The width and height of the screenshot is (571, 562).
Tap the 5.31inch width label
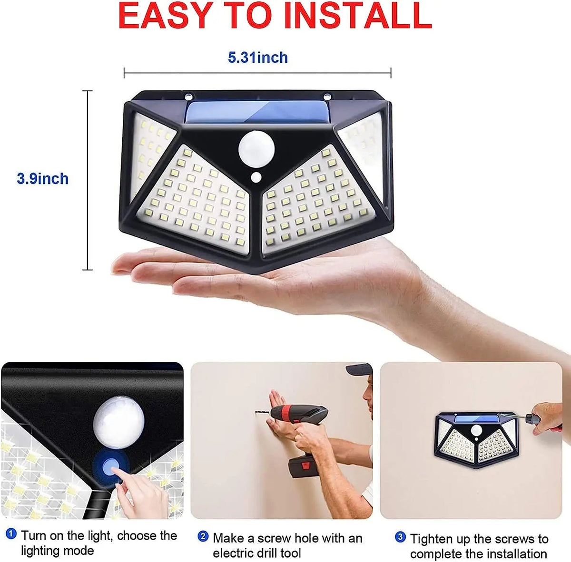click(x=258, y=57)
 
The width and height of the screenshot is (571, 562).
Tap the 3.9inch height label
click(x=43, y=179)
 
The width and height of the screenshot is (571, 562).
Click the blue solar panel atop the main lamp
click(x=257, y=112)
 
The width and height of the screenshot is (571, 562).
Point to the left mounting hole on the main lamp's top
click(x=188, y=97)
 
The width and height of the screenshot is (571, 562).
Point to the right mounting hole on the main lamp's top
click(x=327, y=97)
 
